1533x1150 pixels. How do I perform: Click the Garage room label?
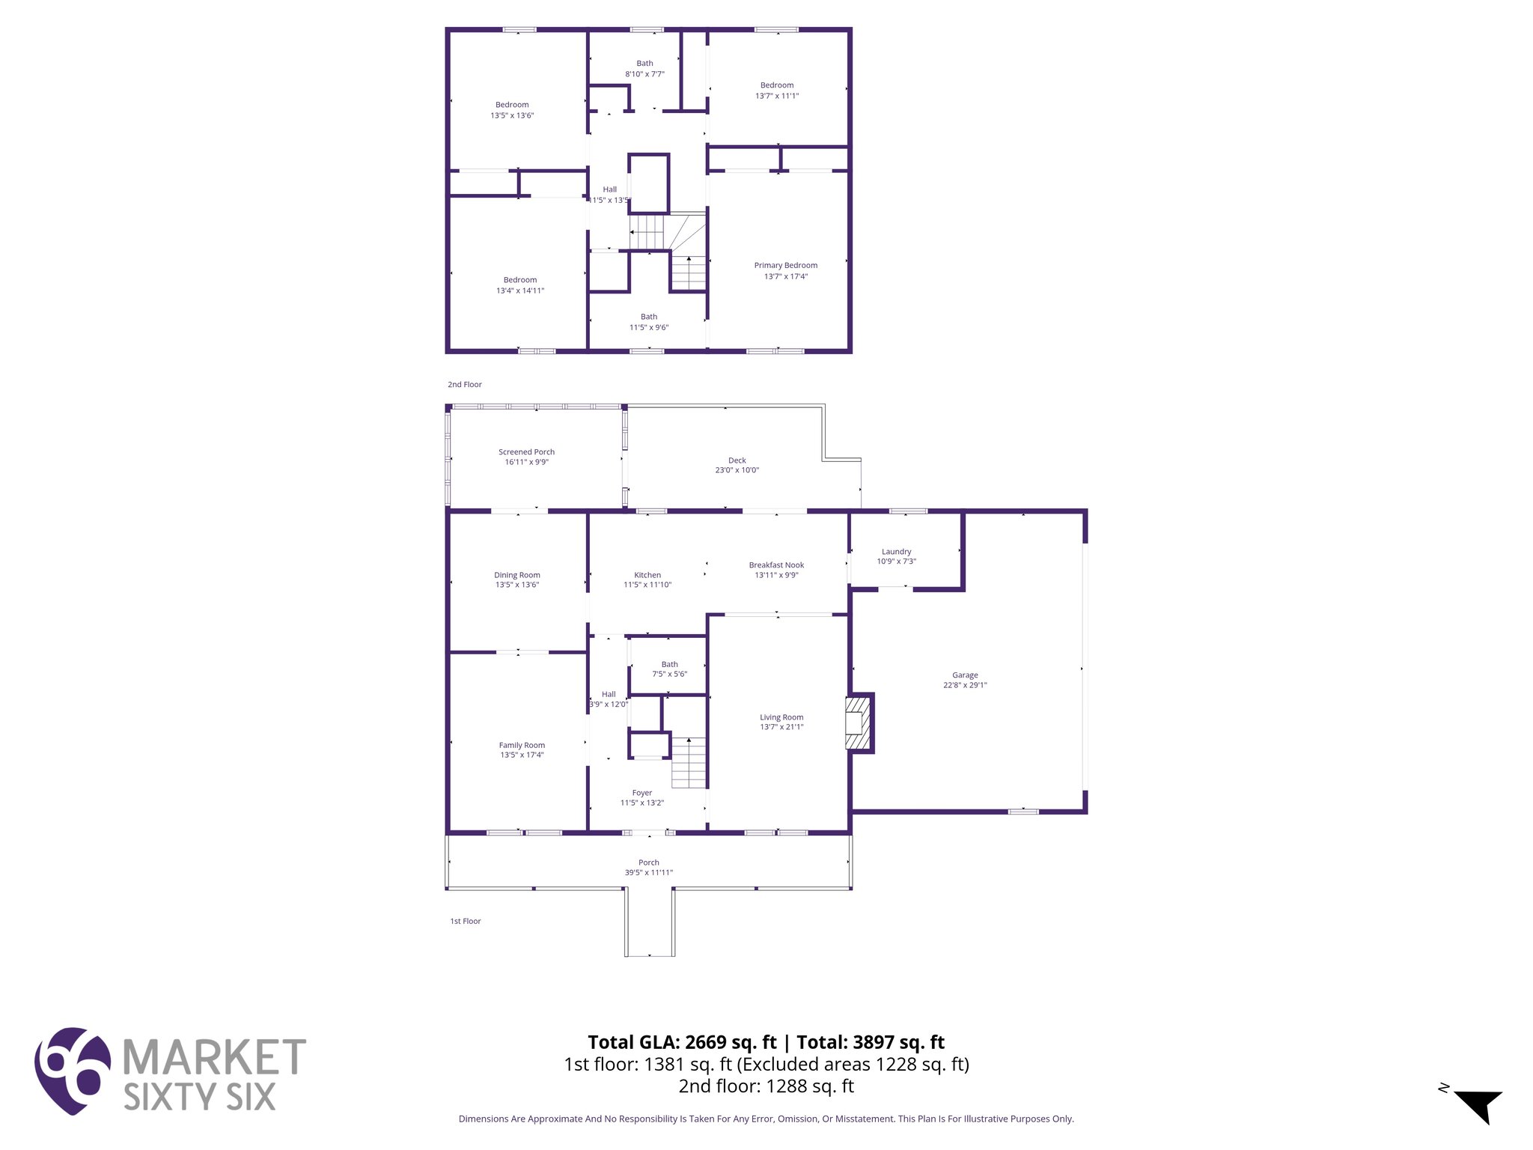965,675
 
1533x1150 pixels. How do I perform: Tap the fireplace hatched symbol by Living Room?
858,723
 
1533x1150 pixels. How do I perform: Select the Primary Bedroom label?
785,266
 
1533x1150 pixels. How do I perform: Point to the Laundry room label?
896,552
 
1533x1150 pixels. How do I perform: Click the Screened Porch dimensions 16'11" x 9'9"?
526,463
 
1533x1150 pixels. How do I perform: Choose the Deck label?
737,460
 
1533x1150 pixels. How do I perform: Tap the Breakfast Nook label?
776,565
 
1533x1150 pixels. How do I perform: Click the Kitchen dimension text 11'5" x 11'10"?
647,585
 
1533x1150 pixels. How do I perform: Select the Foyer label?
641,793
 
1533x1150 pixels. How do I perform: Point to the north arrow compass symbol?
1478,1105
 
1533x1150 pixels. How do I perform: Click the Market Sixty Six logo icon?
73,1070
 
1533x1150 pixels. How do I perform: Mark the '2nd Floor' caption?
465,385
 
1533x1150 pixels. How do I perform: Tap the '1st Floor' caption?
466,922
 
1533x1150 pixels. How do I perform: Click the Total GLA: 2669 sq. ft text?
682,1042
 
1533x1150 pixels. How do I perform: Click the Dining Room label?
516,575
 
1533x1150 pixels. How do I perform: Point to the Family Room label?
522,745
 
